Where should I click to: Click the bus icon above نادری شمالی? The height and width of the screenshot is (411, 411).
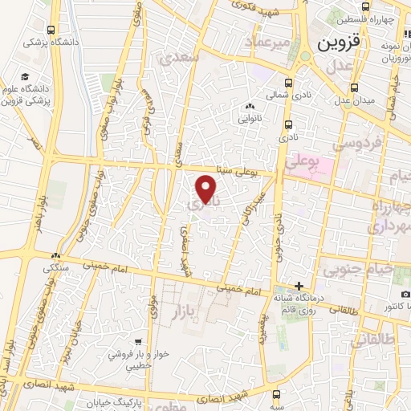(287, 83)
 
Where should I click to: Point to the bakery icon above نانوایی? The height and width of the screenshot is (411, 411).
(250, 107)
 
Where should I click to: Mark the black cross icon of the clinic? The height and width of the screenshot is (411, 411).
(299, 286)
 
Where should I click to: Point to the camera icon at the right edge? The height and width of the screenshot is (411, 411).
(405, 295)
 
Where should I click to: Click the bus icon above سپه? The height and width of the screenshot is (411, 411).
(277, 394)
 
